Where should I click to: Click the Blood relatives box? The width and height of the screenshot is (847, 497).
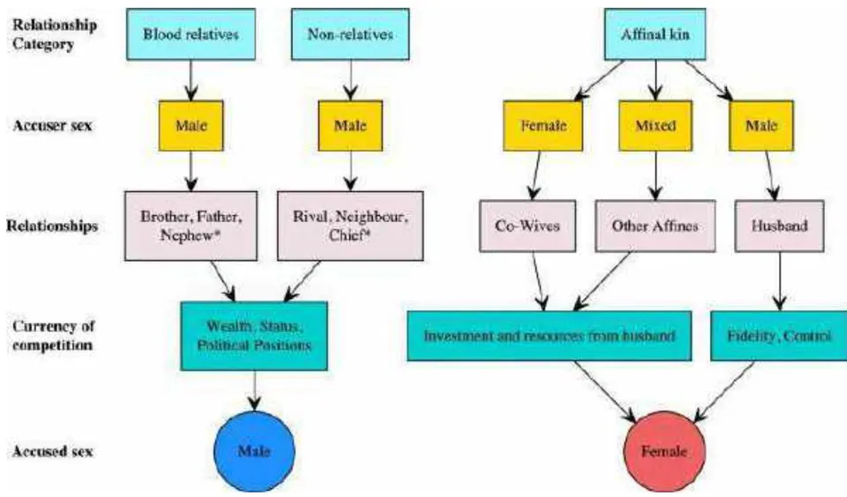point(191,34)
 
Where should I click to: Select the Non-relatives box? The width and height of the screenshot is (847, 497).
point(350,34)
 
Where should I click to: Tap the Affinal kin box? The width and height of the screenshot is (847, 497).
point(655,34)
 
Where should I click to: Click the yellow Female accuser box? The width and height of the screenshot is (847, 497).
point(543,126)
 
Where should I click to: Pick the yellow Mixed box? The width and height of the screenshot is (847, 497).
point(656,126)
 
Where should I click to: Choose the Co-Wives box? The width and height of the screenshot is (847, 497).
point(528,226)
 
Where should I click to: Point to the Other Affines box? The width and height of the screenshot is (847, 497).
point(656,226)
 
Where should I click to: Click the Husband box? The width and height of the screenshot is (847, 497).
point(779,226)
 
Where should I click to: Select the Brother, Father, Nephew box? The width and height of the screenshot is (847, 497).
point(191,226)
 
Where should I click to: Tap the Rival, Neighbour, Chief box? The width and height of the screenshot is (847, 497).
point(350,226)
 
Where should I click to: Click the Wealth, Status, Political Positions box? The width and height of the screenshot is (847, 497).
point(254,336)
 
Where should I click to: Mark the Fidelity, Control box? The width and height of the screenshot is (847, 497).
point(778,336)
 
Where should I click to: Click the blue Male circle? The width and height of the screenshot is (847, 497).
point(254,452)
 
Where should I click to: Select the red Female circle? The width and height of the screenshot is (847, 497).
point(664,452)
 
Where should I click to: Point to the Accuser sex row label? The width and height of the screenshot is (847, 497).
point(52,126)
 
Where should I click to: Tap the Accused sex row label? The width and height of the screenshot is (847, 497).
point(52,451)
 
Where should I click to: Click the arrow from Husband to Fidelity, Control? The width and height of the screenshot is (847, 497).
point(779,281)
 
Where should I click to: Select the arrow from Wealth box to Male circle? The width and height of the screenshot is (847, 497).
point(254,390)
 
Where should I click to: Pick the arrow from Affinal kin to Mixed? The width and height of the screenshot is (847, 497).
point(656,80)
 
